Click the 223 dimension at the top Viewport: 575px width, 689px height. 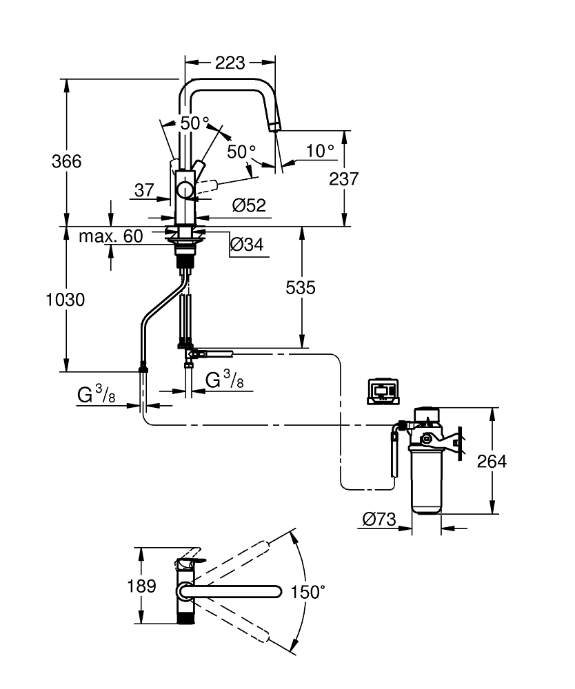230,63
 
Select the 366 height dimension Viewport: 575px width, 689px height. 67,161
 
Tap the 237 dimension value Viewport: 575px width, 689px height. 344,179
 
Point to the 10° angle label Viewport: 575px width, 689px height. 320,150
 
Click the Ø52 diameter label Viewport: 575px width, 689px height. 250,205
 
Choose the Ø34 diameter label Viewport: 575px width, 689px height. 245,244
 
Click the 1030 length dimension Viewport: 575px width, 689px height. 65,300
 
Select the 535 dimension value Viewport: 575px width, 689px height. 301,287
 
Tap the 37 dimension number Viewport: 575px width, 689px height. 143,191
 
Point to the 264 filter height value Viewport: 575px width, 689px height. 492,461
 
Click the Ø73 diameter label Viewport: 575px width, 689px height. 379,520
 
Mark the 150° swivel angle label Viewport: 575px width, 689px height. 307,592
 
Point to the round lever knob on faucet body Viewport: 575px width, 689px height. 185,190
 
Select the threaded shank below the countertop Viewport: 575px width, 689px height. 184,260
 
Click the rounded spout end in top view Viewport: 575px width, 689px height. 276,591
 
